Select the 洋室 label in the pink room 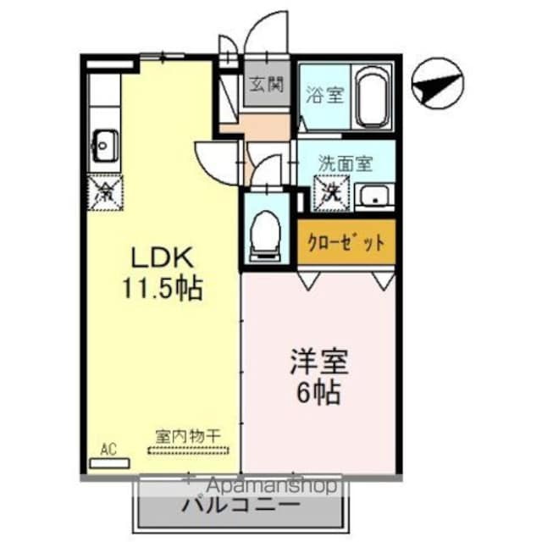click(x=319, y=360)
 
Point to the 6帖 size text click(x=319, y=391)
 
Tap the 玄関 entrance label click(x=266, y=86)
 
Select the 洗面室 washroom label click(x=346, y=162)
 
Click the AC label click(x=108, y=449)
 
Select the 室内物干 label click(x=187, y=435)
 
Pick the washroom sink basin click(x=372, y=196)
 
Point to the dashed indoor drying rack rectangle click(x=185, y=449)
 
